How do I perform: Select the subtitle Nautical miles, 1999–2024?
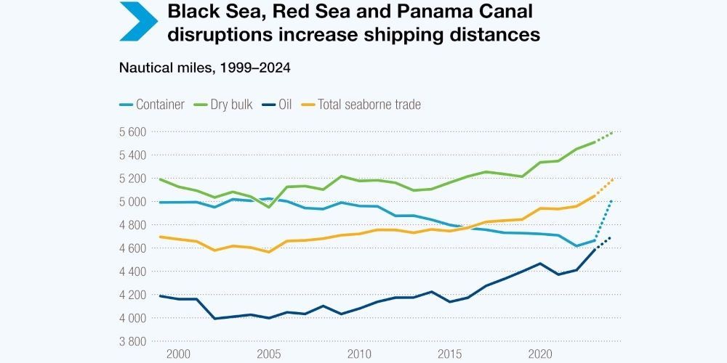[x=205, y=68]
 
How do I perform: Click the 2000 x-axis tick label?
[x=178, y=354]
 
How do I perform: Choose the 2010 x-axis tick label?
[x=358, y=354]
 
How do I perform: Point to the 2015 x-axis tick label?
[x=448, y=354]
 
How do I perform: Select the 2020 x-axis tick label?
[x=538, y=354]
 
